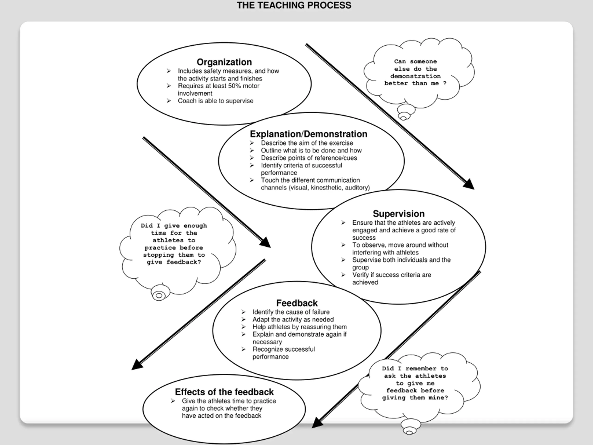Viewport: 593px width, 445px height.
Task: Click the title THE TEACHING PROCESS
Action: coord(294,5)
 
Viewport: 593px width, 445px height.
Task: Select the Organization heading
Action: coord(224,62)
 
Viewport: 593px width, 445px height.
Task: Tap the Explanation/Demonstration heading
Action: coord(308,134)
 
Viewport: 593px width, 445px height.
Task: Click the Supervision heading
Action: coord(398,213)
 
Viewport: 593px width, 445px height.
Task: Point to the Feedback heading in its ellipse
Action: coord(297,303)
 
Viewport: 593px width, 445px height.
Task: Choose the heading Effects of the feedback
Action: coord(224,392)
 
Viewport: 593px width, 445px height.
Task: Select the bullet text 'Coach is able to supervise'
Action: coord(215,101)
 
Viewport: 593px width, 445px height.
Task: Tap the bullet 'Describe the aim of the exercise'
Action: coord(307,143)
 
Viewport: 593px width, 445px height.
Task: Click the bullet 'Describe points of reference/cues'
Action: coord(309,158)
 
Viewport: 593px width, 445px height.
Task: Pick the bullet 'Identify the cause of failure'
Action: coord(291,312)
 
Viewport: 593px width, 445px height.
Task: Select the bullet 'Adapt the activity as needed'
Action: coord(293,319)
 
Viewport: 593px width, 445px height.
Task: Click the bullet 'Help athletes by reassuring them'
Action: coord(300,327)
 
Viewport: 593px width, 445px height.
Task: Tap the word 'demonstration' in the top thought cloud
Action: coord(415,76)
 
